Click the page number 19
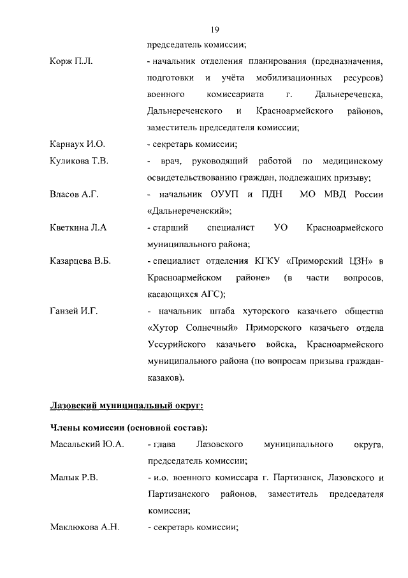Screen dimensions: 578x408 pos(215,29)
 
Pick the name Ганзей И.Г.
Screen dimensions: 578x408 pos(73,311)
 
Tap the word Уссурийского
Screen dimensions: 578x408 pos(176,344)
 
